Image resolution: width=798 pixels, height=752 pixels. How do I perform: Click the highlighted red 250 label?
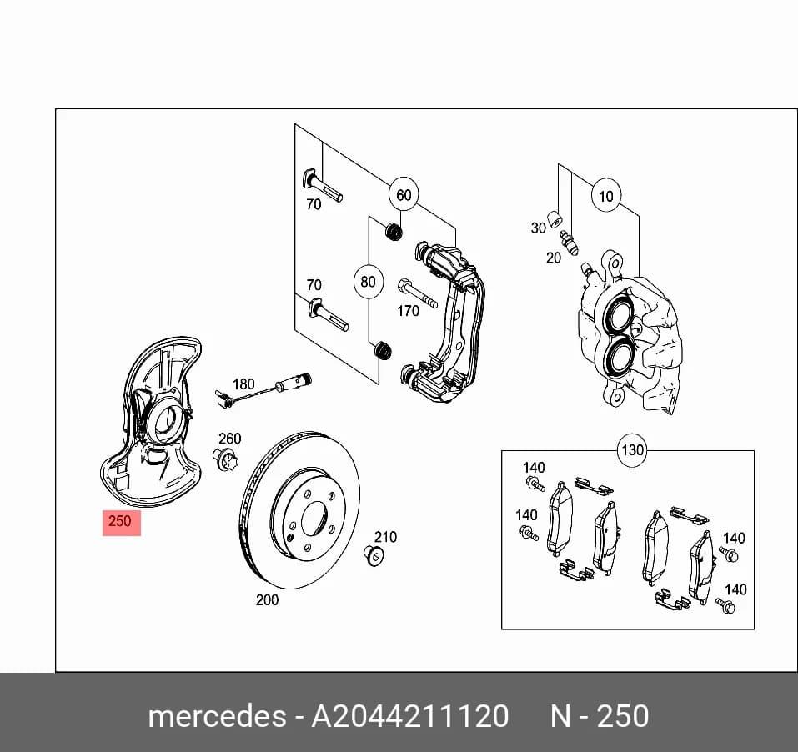(x=122, y=522)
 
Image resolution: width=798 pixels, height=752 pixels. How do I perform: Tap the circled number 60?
(x=404, y=195)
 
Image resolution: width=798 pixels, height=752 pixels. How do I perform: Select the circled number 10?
(x=606, y=197)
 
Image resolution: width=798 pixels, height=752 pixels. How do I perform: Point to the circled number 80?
(x=368, y=282)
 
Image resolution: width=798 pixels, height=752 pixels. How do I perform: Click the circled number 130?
(x=633, y=450)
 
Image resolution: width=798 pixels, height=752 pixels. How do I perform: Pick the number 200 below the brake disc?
(x=267, y=600)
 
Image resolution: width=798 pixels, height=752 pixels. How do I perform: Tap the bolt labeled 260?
(x=225, y=459)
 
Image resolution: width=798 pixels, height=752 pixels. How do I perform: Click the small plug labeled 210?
(x=374, y=554)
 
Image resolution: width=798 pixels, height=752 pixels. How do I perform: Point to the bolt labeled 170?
(x=418, y=293)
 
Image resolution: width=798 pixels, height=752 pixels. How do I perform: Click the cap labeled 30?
(x=555, y=218)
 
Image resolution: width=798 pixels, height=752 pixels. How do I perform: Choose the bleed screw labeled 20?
(x=569, y=243)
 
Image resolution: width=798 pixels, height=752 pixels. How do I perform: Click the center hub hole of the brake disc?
(x=314, y=519)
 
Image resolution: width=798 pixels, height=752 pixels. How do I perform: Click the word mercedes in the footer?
(x=218, y=716)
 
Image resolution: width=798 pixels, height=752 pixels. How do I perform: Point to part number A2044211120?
(x=410, y=716)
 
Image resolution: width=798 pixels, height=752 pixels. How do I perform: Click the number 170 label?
(x=408, y=311)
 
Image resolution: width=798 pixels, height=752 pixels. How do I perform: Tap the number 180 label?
(x=243, y=384)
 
